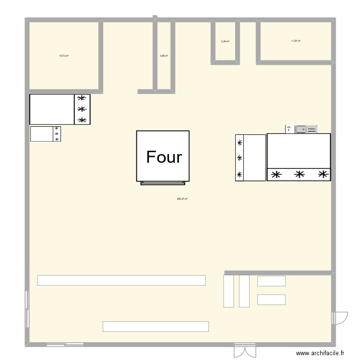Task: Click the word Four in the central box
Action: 164,157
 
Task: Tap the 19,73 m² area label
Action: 63,56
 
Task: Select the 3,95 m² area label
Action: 164,56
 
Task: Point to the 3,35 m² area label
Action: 225,41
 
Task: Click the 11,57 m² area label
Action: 296,41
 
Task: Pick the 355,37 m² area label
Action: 182,199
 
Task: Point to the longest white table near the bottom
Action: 121,280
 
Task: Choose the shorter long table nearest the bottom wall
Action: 156,326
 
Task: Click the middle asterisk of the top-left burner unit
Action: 82,109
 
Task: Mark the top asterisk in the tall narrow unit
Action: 240,142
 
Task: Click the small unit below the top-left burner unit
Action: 46,134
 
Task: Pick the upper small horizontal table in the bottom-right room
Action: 271,281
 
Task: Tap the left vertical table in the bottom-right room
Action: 229,290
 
